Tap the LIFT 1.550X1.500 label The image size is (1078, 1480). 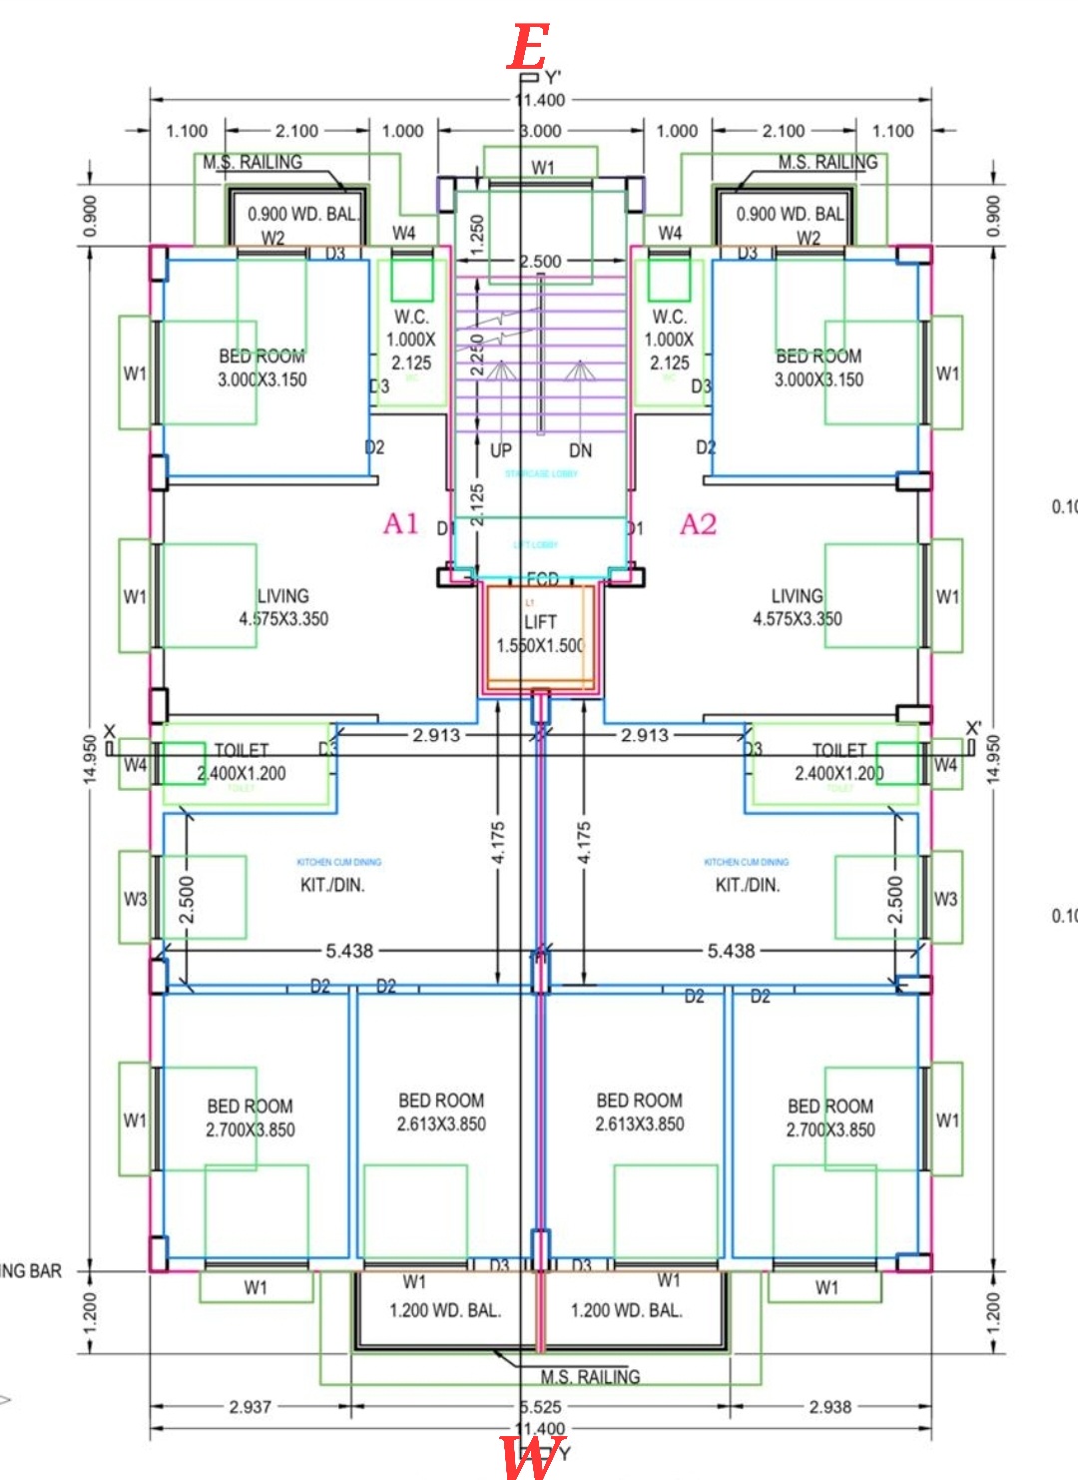coord(540,633)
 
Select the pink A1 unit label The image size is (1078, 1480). coord(401,523)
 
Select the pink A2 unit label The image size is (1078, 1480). coord(698,524)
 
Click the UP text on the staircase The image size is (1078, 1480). coord(501,450)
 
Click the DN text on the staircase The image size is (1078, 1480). coord(580,450)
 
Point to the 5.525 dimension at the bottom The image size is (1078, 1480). coord(541,1406)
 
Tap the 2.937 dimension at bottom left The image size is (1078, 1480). coord(250,1406)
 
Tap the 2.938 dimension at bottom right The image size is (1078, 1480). coord(829,1406)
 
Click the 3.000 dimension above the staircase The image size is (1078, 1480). coord(541,131)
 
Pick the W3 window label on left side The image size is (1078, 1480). coord(135,899)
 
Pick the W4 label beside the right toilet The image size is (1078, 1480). coord(945,765)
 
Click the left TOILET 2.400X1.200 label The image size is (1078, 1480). coord(241,762)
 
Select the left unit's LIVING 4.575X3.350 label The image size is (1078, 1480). coord(283,607)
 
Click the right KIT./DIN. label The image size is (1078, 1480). coord(748,885)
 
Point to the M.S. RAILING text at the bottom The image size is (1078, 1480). coord(590,1377)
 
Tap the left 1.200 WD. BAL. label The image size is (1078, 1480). coord(445,1310)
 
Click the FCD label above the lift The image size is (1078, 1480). coord(542,579)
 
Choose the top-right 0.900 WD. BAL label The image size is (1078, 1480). coord(791,214)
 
